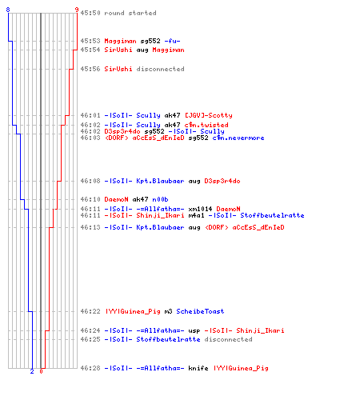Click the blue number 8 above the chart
pos(8,10)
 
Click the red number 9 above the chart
pos(77,10)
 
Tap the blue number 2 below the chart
pos(32,371)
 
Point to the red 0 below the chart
pos(41,371)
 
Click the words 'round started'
pos(130,13)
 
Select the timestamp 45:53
pos(90,41)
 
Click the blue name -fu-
pos(172,41)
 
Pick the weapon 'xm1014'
pos(200,209)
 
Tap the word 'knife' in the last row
pos(198,368)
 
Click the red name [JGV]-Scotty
pos(209,115)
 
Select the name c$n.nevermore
pos(238,138)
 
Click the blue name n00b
pos(160,199)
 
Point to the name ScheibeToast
pos(200,311)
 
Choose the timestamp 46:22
pos(90,311)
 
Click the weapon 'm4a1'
pos(196,215)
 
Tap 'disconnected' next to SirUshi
pos(160,69)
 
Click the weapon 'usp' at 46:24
pos(194,330)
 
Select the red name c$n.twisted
pos(206,125)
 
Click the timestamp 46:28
pos(90,368)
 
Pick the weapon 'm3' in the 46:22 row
pos(168,311)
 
